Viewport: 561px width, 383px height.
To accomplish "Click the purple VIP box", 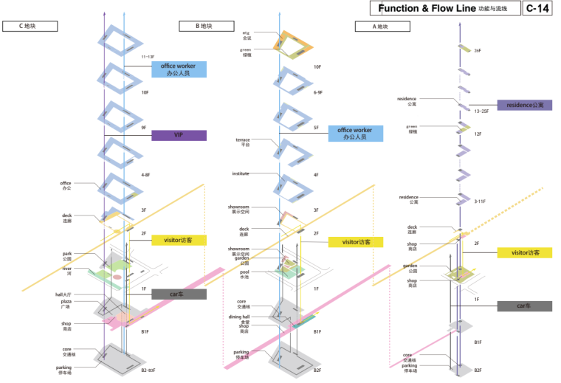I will (x=179, y=135).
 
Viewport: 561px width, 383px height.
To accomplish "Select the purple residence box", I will (x=524, y=106).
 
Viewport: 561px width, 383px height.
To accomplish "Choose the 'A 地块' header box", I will (x=381, y=26).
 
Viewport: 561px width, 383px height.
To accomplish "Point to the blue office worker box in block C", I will (x=179, y=69).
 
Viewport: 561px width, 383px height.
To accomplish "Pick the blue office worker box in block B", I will (x=356, y=134).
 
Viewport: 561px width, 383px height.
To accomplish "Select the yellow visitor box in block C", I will (x=179, y=240).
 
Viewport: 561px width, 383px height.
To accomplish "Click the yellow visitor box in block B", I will (x=356, y=242).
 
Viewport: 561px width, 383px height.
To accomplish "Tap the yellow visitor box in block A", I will (x=524, y=252).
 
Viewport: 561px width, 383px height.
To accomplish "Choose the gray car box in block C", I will (x=179, y=294).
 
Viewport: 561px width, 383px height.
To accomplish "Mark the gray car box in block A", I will (x=524, y=306).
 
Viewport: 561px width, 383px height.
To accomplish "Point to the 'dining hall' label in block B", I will (x=238, y=317).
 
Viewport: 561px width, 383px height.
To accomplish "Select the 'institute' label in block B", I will (x=240, y=173).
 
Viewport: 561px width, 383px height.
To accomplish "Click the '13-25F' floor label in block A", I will (x=481, y=111).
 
